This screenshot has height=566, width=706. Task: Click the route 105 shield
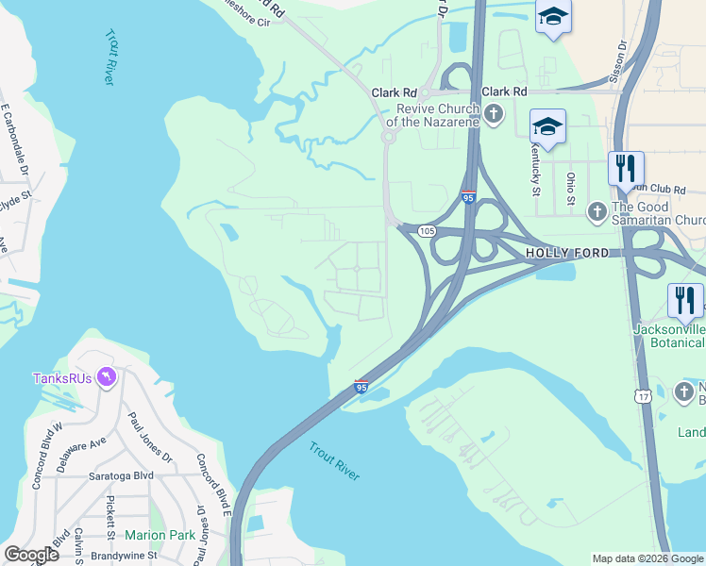[427, 230]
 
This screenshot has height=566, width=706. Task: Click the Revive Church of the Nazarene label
[434, 115]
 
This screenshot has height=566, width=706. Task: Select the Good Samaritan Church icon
[596, 212]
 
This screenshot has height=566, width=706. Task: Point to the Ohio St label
[570, 188]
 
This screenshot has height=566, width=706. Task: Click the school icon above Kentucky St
[547, 126]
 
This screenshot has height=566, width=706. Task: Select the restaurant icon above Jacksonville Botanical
[685, 301]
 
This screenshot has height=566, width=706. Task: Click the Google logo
[31, 555]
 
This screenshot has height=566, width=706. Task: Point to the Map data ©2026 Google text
[647, 558]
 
